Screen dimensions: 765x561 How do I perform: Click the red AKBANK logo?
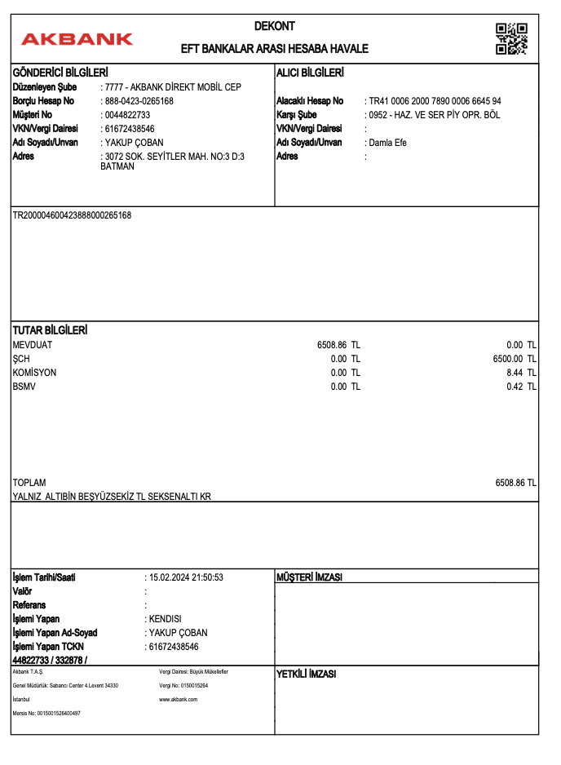pyautogui.click(x=77, y=38)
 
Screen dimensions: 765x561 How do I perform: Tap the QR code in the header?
pyautogui.click(x=511, y=38)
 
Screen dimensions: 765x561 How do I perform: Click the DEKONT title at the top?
pyautogui.click(x=275, y=26)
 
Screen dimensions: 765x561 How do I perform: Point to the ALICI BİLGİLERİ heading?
pyautogui.click(x=310, y=73)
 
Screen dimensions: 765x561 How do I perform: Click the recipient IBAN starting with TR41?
pyautogui.click(x=435, y=101)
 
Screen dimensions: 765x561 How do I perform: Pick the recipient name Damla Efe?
pyautogui.click(x=387, y=143)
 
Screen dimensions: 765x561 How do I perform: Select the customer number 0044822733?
pyautogui.click(x=127, y=115)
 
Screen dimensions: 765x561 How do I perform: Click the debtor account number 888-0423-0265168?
pyautogui.click(x=139, y=101)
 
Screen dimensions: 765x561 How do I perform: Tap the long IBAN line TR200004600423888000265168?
pyautogui.click(x=72, y=215)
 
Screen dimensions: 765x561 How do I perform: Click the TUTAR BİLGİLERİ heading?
pyautogui.click(x=50, y=330)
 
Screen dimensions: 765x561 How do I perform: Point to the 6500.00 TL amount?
pyautogui.click(x=515, y=359)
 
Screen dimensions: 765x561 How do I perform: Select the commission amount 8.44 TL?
pyautogui.click(x=521, y=373)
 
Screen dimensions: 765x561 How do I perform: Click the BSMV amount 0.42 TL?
pyautogui.click(x=521, y=387)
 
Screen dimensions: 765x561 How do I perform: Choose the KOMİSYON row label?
pyautogui.click(x=35, y=373)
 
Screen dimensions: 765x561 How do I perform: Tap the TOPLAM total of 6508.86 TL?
pyautogui.click(x=515, y=483)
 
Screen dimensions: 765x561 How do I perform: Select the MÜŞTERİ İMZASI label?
pyautogui.click(x=310, y=577)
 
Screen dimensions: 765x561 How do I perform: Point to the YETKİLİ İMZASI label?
pyautogui.click(x=307, y=674)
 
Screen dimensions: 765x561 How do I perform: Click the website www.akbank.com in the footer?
pyautogui.click(x=179, y=700)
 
